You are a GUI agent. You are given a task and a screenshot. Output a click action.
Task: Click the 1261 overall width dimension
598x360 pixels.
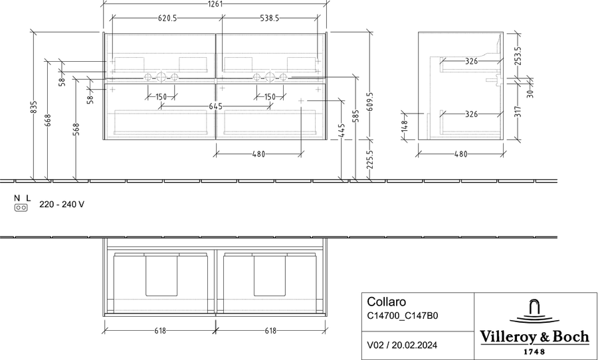(x=215, y=4)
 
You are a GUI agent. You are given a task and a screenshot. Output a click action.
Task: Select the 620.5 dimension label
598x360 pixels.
(x=167, y=18)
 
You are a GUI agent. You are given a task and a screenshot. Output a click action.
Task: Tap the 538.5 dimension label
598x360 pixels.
(x=270, y=18)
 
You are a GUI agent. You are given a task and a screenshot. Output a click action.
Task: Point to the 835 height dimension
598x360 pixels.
(x=34, y=107)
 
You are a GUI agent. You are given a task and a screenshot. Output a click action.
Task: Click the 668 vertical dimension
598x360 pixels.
(x=48, y=120)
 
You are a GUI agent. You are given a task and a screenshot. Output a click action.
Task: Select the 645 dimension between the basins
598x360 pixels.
(x=215, y=106)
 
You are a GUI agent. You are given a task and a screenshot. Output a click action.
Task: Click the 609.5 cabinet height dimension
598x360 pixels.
(x=369, y=102)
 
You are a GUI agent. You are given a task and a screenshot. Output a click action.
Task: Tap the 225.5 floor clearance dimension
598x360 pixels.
(x=369, y=159)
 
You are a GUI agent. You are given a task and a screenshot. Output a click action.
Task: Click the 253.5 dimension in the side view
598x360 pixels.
(x=518, y=56)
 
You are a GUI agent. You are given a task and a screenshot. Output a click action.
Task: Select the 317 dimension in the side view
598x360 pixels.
(x=518, y=112)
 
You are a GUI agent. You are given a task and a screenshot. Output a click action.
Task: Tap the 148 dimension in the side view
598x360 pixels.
(x=405, y=126)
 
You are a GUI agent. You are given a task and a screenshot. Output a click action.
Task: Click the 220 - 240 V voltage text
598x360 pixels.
(x=62, y=205)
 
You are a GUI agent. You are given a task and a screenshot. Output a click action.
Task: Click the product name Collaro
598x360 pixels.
(x=386, y=302)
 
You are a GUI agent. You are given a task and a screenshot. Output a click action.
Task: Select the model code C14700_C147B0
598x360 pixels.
(x=403, y=315)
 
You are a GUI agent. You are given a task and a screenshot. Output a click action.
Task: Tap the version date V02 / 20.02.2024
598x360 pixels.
(x=402, y=345)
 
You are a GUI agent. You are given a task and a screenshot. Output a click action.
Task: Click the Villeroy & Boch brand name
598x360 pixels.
(x=534, y=337)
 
